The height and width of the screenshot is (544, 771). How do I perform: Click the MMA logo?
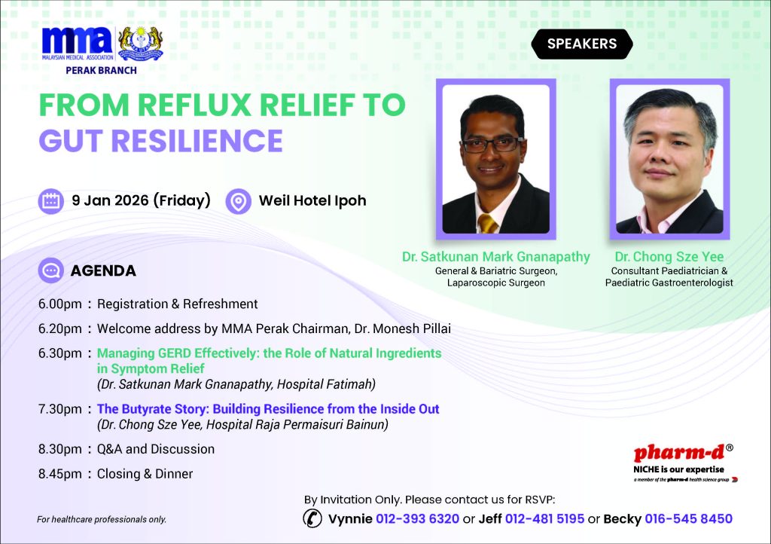pyautogui.click(x=78, y=43)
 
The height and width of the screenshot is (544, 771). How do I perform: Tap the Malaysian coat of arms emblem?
pyautogui.click(x=141, y=43)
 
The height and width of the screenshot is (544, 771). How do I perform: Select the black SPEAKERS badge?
pyautogui.click(x=582, y=44)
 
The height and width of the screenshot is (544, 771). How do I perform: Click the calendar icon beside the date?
pyautogui.click(x=51, y=201)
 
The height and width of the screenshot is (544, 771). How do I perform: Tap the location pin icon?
pyautogui.click(x=239, y=201)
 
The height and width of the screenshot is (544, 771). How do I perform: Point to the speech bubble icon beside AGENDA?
pyautogui.click(x=51, y=270)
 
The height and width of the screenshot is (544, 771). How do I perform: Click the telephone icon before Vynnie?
pyautogui.click(x=312, y=518)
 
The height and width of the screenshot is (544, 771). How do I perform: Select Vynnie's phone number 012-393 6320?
pyautogui.click(x=417, y=519)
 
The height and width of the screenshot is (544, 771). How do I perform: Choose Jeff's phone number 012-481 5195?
pyautogui.click(x=545, y=519)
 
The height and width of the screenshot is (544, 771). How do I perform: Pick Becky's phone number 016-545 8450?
pyautogui.click(x=688, y=519)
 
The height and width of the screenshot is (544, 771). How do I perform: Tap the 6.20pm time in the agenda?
pyautogui.click(x=60, y=329)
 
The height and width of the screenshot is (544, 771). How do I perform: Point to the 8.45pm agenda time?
pyautogui.click(x=60, y=474)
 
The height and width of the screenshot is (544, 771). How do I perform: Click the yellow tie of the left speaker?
pyautogui.click(x=487, y=224)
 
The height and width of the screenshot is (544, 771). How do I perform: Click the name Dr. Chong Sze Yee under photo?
pyautogui.click(x=669, y=257)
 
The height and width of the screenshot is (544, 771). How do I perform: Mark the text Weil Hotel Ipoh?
pyautogui.click(x=312, y=200)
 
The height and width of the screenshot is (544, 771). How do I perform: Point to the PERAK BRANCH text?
pyautogui.click(x=102, y=70)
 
